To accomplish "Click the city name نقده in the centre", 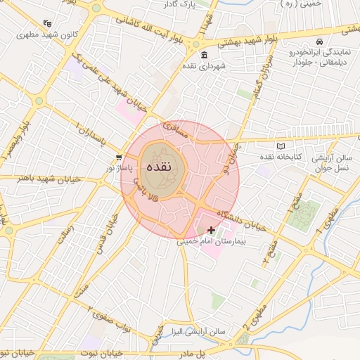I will [x=160, y=169].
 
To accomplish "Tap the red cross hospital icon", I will [x=211, y=230].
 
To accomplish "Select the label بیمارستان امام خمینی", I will [x=209, y=242].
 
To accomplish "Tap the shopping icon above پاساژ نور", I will [x=119, y=157].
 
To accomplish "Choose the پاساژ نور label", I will [x=118, y=169].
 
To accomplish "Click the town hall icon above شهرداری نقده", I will [x=204, y=56].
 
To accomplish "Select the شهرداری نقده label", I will [x=204, y=66].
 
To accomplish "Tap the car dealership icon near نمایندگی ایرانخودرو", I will [x=320, y=41].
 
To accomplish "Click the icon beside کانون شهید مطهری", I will [x=47, y=22].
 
